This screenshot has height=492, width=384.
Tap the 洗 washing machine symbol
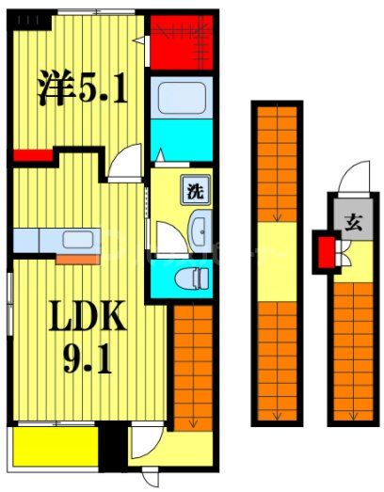pos(193,192)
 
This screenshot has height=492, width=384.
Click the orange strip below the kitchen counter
pos(76,257)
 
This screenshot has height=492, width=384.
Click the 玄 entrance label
pos(352,223)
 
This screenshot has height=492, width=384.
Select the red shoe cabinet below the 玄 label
pos(325,252)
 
